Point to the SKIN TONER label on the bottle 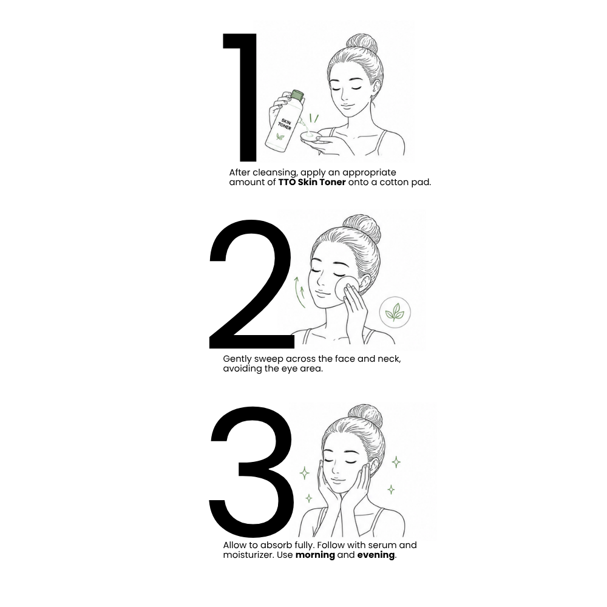pyautogui.click(x=285, y=124)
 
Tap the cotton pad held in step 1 pyautogui.click(x=310, y=136)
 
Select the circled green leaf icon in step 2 pyautogui.click(x=395, y=312)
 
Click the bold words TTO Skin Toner pyautogui.click(x=311, y=182)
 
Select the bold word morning pyautogui.click(x=315, y=555)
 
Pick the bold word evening pyautogui.click(x=376, y=555)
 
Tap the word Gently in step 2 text pyautogui.click(x=237, y=359)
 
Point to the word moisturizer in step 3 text pyautogui.click(x=249, y=555)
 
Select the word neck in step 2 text pyautogui.click(x=388, y=359)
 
